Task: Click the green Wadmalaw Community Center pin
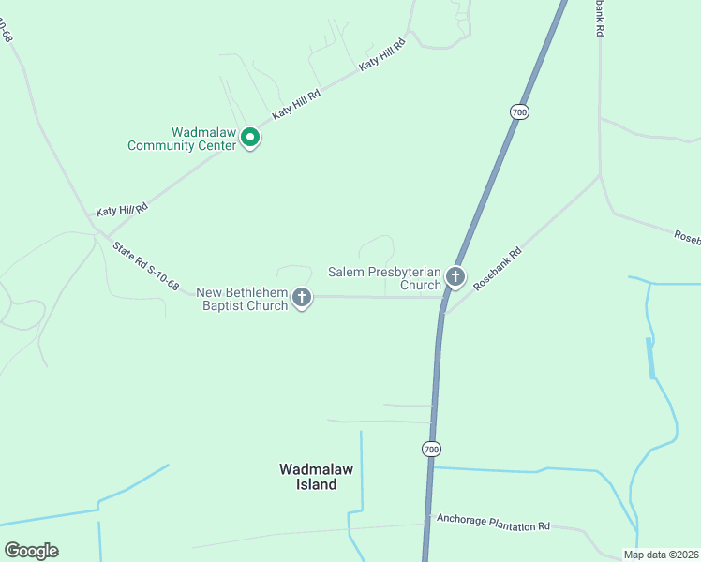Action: pos(250,138)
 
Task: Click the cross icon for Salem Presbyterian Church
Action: pos(455,275)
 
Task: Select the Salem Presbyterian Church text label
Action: pos(384,278)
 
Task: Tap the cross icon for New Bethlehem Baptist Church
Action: pos(302,298)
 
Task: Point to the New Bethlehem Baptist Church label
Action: pos(242,300)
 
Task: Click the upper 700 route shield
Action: pos(520,111)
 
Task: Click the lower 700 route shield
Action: pos(430,450)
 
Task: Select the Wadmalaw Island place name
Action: pos(308,477)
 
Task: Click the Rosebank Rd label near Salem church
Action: pos(497,269)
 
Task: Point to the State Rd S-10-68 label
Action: pos(145,266)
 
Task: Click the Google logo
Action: pos(31,551)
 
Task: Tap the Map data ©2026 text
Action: pos(661,555)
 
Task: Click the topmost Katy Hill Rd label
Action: pos(382,56)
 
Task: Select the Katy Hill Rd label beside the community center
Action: pos(296,104)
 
